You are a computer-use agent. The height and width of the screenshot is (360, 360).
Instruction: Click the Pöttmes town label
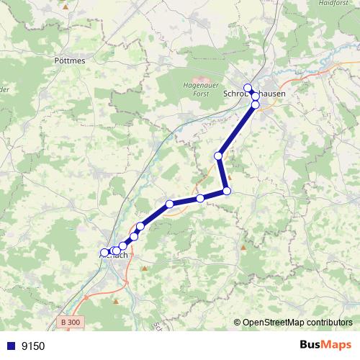tap(70, 61)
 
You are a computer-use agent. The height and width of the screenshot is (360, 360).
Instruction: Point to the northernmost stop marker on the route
tap(248, 88)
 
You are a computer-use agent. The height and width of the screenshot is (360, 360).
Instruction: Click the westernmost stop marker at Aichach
tap(104, 253)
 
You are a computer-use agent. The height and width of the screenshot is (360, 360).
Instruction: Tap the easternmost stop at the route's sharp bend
tap(227, 191)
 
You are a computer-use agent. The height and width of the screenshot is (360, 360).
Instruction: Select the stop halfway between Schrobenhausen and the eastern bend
tap(218, 156)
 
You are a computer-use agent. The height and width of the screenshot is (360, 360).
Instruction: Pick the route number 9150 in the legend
tap(34, 346)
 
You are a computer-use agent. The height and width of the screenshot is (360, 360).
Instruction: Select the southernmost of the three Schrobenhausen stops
tap(255, 105)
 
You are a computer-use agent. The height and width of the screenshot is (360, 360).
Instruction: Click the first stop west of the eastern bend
tap(200, 198)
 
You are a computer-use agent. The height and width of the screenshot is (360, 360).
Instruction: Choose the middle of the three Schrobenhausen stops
tap(255, 96)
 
